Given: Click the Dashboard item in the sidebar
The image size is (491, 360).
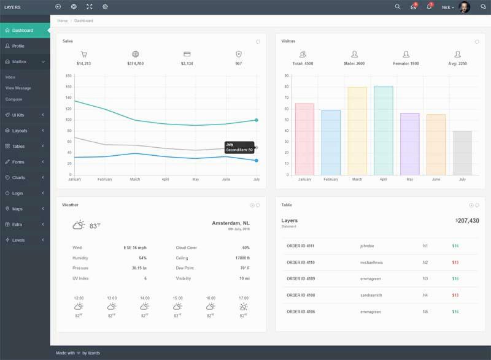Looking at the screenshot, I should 23,31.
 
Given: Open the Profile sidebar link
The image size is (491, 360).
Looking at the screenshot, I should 18,46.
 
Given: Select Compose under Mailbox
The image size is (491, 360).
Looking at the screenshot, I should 14,99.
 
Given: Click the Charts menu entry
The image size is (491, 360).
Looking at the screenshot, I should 18,178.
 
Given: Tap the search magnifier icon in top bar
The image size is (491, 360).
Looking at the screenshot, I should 397,7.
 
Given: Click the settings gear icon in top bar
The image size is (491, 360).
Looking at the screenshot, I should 105,7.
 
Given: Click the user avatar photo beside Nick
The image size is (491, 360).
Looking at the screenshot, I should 465,7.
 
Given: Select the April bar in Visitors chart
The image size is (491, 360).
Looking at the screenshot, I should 383,130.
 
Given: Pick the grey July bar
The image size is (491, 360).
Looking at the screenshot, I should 462,153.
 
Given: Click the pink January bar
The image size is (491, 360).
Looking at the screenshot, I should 304,139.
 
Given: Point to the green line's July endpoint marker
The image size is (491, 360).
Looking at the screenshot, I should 257,120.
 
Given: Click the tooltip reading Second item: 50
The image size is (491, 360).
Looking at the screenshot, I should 239,147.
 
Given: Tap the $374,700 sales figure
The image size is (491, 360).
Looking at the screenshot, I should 135,64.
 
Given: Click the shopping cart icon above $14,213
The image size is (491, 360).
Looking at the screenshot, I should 84,54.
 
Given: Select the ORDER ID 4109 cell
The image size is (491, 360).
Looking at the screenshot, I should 300,279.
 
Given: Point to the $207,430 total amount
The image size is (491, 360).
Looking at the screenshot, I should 467,221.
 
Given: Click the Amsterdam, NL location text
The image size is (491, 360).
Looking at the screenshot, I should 230,223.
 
